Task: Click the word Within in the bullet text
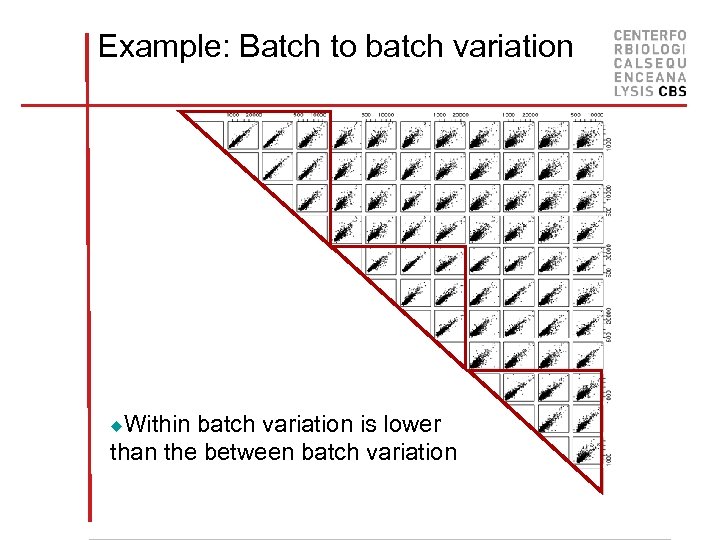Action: click(x=158, y=424)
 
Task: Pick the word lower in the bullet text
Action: click(x=412, y=424)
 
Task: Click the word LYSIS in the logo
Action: click(x=633, y=91)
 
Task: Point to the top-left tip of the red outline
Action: click(x=180, y=111)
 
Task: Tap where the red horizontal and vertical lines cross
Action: click(x=87, y=103)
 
